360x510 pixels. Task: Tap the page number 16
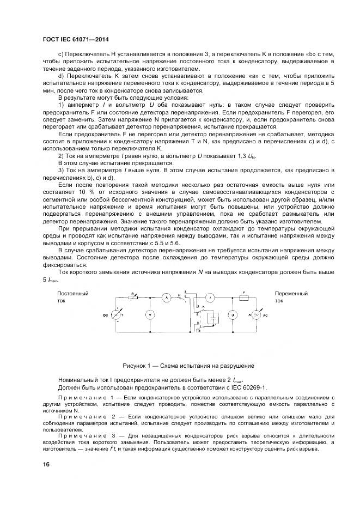tap(46, 465)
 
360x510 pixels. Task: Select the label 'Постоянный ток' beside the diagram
tap(72, 297)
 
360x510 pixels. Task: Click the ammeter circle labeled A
tap(167, 297)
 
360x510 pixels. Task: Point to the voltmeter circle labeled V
tap(150, 315)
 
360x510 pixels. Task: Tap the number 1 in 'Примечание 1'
tap(112, 399)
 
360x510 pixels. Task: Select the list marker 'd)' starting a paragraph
tap(60, 77)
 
